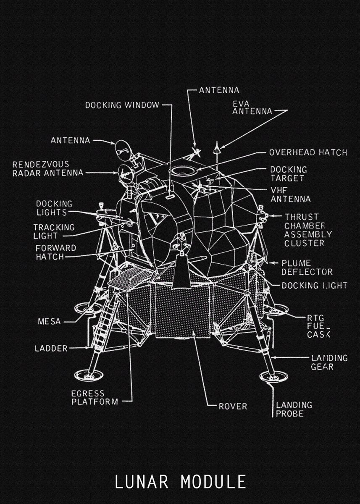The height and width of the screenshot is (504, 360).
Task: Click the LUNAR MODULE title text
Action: point(180,481)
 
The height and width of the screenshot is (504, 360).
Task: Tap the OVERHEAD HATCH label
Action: point(308,152)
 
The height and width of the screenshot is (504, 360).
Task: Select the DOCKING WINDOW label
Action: point(122,105)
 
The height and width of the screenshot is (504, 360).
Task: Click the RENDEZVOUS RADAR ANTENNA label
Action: point(47,168)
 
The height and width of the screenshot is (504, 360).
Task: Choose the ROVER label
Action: point(233,406)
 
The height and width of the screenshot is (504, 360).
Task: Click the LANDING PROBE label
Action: point(294,409)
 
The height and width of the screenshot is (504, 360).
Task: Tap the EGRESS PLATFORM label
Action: point(95,397)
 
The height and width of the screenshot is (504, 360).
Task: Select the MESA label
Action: point(49,322)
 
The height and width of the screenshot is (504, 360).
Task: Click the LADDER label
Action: point(51,348)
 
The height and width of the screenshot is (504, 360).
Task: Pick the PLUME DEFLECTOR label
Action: point(307,268)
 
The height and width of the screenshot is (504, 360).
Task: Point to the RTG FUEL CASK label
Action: point(318,326)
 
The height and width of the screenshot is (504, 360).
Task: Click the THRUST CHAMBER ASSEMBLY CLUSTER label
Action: point(307,230)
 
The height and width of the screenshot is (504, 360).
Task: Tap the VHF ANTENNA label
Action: point(290,194)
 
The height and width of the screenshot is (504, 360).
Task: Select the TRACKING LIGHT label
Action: point(54,231)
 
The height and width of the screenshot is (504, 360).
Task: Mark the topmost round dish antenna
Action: point(122,149)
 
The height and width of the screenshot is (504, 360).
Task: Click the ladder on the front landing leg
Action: point(105,323)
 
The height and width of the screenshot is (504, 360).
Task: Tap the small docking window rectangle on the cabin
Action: point(170,196)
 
